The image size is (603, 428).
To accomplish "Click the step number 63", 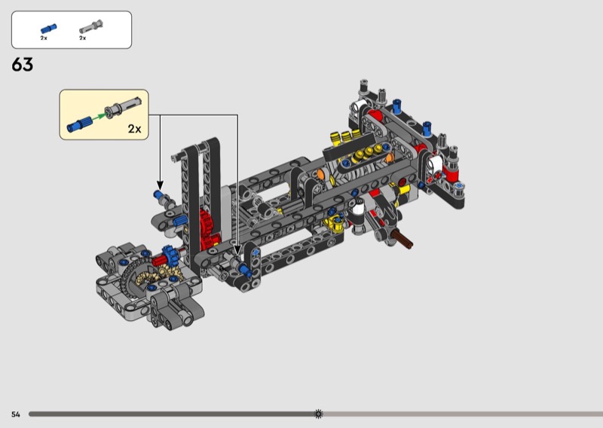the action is [23, 65].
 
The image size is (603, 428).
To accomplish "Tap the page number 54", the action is [15, 414].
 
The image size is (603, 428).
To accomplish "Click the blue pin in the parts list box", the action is [49, 29].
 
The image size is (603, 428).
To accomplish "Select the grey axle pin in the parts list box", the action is [91, 27].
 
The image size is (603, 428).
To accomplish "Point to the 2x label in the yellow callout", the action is [135, 129].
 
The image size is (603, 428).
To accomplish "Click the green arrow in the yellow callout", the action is [99, 115].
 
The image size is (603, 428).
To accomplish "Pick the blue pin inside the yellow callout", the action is [80, 124].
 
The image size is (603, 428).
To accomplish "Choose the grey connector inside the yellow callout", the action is [123, 106].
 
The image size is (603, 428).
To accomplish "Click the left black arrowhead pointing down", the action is [160, 185].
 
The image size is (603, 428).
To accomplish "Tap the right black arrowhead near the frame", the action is [237, 251].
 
